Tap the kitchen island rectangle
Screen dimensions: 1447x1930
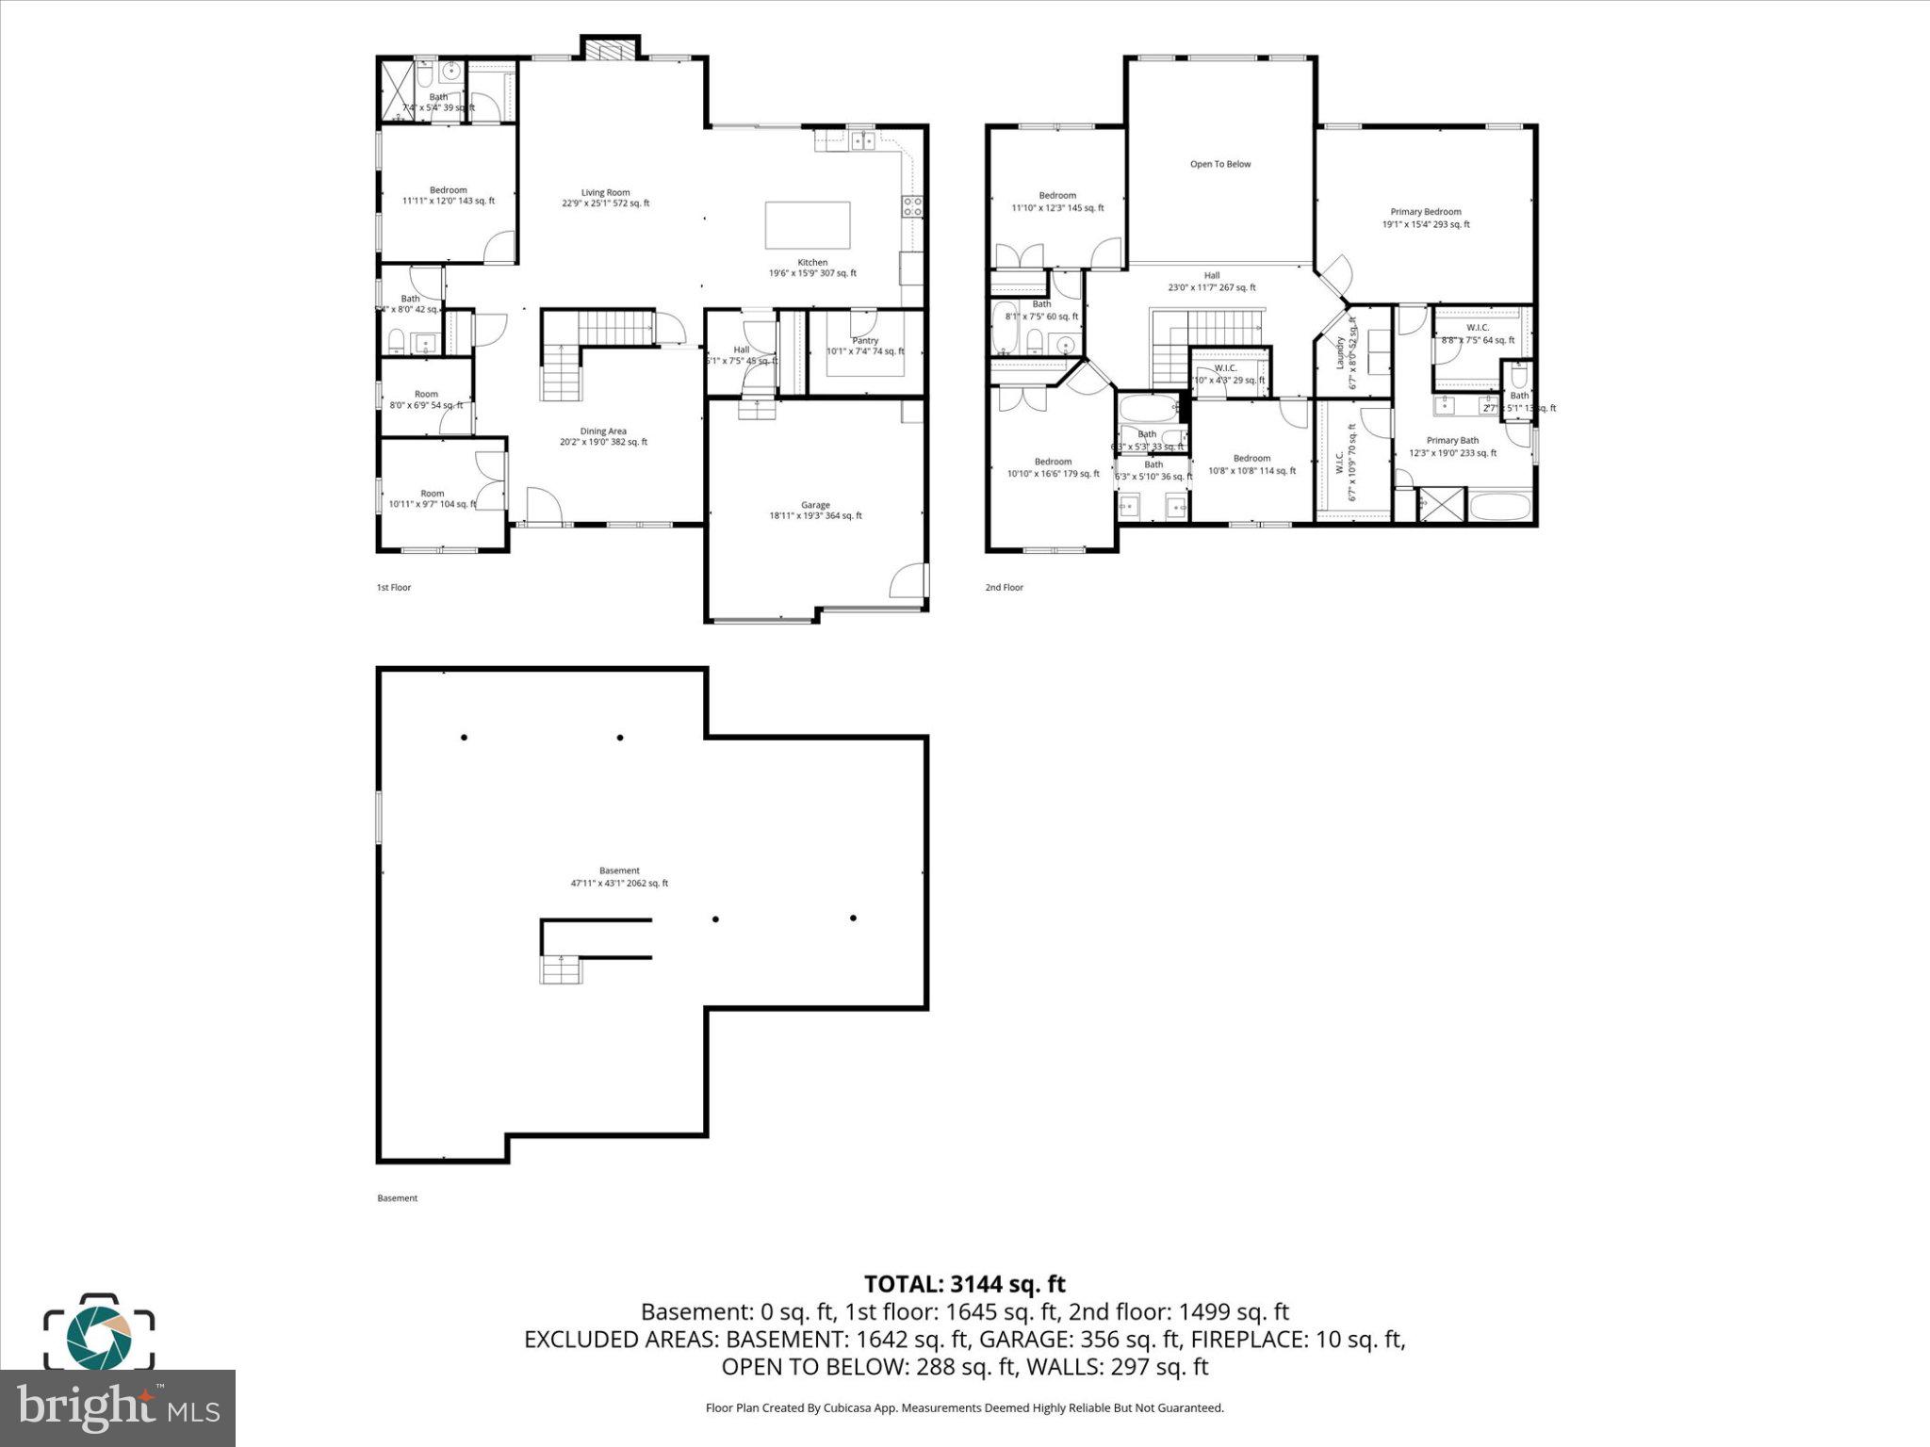coord(808,224)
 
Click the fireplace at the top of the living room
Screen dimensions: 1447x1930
coord(610,49)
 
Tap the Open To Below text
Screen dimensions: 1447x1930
coord(1220,164)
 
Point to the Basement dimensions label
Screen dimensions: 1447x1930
coord(619,883)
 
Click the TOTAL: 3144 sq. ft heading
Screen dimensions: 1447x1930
coord(964,1283)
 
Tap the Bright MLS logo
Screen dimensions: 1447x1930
coord(117,1408)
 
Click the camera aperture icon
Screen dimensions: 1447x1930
coord(99,1335)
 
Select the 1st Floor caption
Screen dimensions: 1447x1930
coord(394,588)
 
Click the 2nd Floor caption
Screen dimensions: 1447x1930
coord(1004,588)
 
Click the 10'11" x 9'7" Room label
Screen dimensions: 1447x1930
coord(432,498)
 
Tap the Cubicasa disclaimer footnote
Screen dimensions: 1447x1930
coord(964,1407)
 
